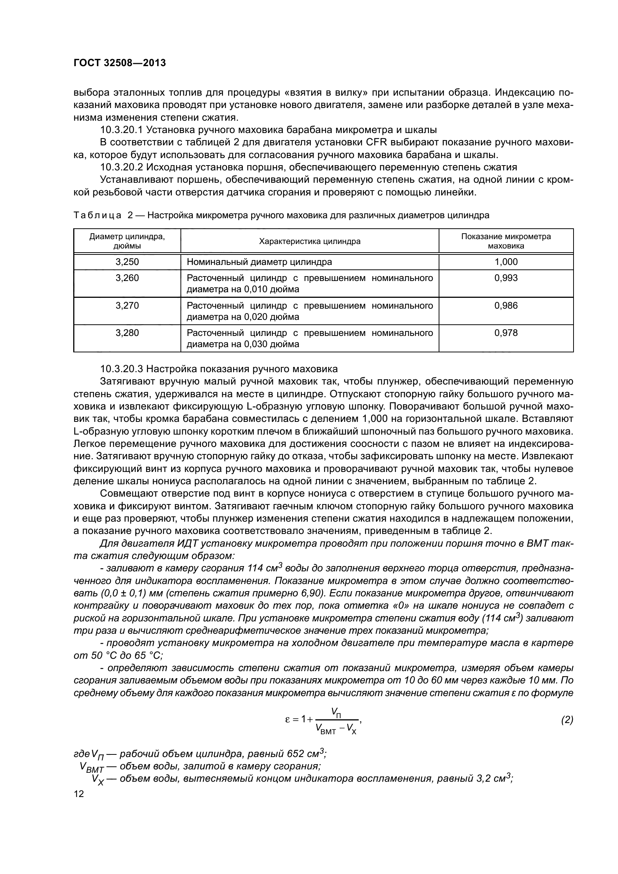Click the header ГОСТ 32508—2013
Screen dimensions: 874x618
click(x=120, y=63)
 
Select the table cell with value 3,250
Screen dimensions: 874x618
click(x=127, y=262)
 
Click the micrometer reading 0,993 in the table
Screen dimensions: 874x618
click(x=506, y=278)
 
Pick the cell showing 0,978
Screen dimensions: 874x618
click(x=506, y=333)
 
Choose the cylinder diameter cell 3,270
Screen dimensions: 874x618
click(x=127, y=306)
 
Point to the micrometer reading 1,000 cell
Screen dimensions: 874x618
click(x=506, y=262)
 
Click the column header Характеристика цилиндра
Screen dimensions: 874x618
click(x=309, y=241)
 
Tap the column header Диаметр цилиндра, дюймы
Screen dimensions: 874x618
click(x=127, y=241)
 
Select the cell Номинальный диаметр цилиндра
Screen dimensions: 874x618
click(x=259, y=262)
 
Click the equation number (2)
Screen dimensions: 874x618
click(x=567, y=720)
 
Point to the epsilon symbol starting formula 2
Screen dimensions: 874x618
click(x=288, y=719)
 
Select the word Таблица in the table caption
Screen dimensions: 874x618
click(x=97, y=216)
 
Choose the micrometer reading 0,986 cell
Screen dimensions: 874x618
click(x=506, y=306)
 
